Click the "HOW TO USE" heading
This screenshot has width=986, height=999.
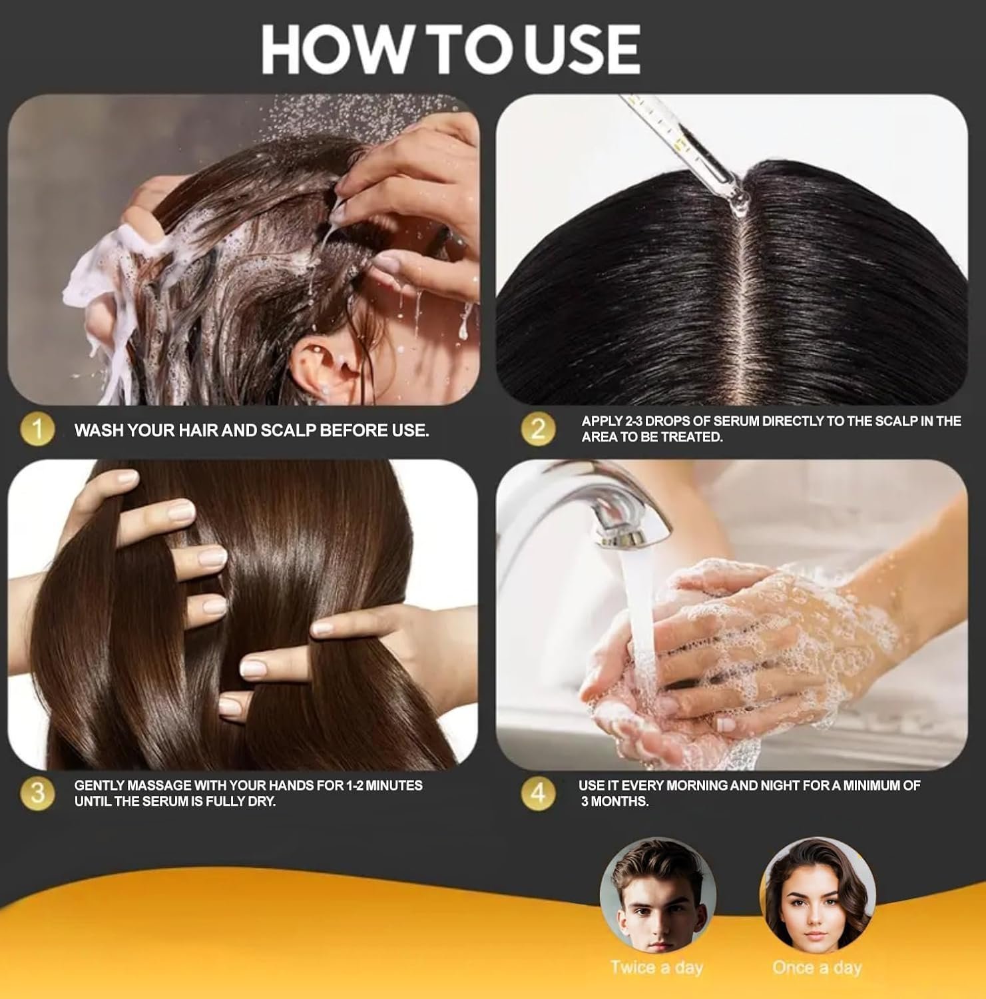pyautogui.click(x=451, y=50)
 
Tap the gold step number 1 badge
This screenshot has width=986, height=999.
pyautogui.click(x=38, y=430)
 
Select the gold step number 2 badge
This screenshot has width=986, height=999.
pyautogui.click(x=537, y=428)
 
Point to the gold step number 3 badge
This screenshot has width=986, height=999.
pyautogui.click(x=38, y=793)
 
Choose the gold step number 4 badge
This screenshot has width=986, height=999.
pyautogui.click(x=537, y=793)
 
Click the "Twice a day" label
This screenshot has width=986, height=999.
pyautogui.click(x=656, y=967)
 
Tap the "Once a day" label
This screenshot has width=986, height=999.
pyautogui.click(x=816, y=967)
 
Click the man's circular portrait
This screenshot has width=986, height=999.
pyautogui.click(x=657, y=896)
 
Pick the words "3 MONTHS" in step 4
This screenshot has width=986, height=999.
pyautogui.click(x=614, y=801)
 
